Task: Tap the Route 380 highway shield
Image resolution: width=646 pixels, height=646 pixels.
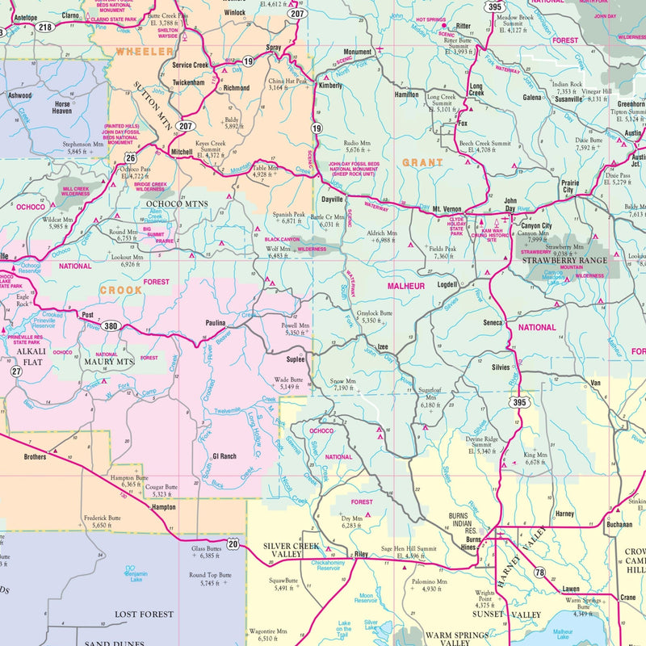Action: [111, 327]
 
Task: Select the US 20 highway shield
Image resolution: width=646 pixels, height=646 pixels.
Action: [233, 543]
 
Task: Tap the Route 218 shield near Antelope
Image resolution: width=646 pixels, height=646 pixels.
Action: [44, 27]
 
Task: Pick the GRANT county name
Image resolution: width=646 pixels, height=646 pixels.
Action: [422, 162]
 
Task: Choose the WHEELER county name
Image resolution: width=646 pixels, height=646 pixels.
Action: [139, 51]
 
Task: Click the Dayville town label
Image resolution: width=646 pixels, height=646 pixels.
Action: [332, 198]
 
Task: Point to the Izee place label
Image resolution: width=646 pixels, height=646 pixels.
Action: [383, 346]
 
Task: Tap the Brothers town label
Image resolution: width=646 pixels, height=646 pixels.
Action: [35, 456]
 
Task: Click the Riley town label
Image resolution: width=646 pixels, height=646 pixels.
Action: [361, 555]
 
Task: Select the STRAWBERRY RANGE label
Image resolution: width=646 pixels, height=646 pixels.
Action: [564, 261]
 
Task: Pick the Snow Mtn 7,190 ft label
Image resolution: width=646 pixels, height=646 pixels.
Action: [342, 384]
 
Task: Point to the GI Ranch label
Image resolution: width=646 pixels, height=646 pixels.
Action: [224, 456]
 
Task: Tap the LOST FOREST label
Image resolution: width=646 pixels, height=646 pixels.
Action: [144, 614]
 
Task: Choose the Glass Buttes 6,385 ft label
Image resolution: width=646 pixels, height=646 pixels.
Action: [205, 552]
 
